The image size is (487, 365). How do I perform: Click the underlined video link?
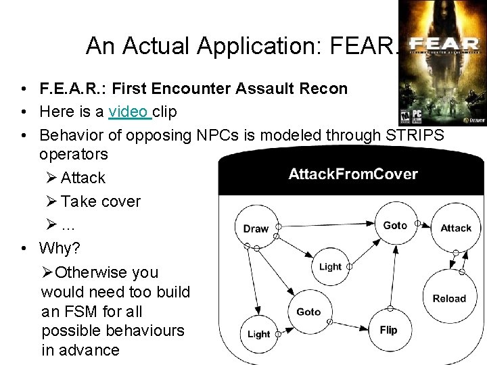pyautogui.click(x=129, y=111)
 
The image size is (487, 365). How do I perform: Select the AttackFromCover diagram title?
pyautogui.click(x=352, y=174)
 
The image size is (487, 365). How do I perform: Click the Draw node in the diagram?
pyautogui.click(x=256, y=228)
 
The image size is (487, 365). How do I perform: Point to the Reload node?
pyautogui.click(x=449, y=298)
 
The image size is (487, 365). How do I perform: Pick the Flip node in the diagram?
pyautogui.click(x=388, y=330)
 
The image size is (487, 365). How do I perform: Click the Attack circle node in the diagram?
pyautogui.click(x=455, y=228)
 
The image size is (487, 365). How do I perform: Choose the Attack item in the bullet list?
pyautogui.click(x=83, y=178)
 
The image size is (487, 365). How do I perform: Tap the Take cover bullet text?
pyautogui.click(x=100, y=201)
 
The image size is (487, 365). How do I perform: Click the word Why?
pyautogui.click(x=60, y=248)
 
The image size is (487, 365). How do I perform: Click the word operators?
pyautogui.click(x=74, y=154)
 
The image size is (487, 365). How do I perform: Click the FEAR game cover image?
pyautogui.click(x=442, y=63)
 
